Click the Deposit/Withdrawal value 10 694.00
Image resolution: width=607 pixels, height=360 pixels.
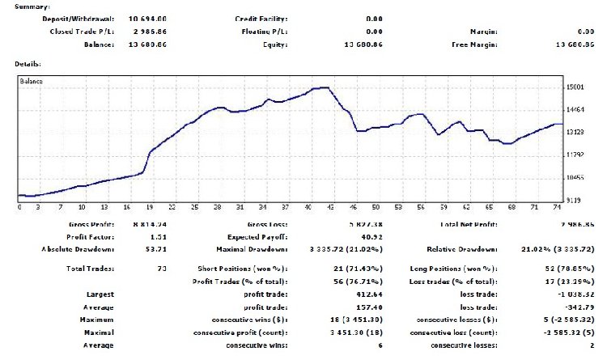coord(125,18)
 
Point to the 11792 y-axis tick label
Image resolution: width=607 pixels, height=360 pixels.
coord(576,154)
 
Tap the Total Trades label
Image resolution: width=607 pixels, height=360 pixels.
coord(91,268)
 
